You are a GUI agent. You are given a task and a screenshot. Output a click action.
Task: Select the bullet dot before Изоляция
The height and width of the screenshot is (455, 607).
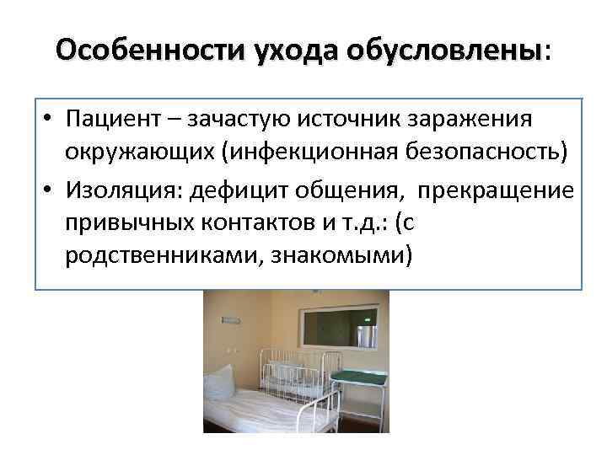(51, 189)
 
